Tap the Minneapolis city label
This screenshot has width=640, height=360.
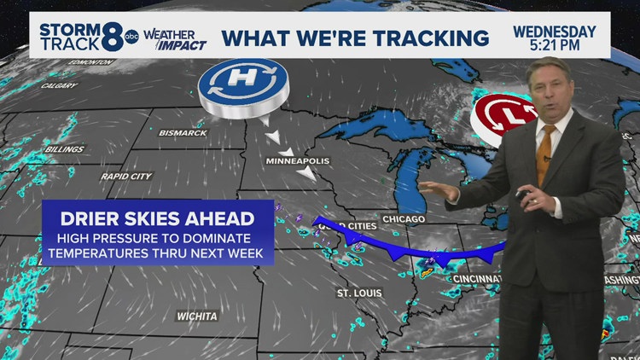coord(298,161)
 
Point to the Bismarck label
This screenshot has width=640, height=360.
coord(183,133)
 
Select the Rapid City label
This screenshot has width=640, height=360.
coord(125,177)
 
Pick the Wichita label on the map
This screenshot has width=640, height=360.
coord(196,316)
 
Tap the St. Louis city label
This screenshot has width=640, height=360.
coord(357,294)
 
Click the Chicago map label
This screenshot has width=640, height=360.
coord(403,220)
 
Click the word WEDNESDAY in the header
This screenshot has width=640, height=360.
coord(554,32)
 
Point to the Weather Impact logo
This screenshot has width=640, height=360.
coord(173,38)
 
